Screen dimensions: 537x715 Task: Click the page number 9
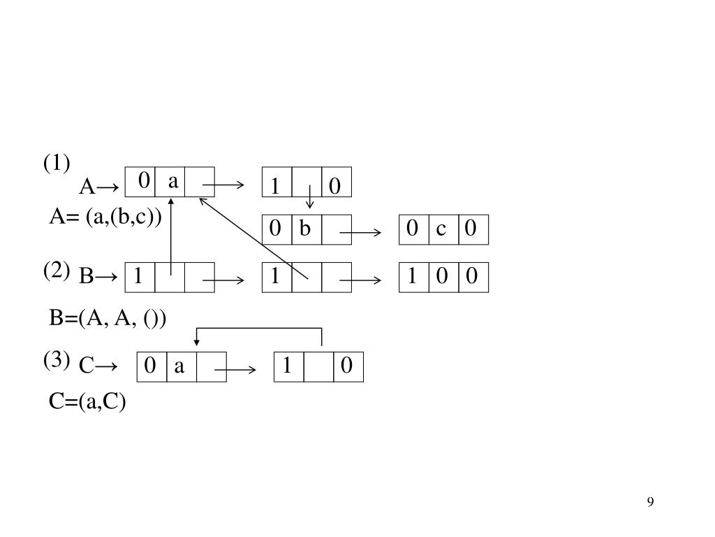(650, 502)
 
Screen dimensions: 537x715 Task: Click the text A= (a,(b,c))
(105, 217)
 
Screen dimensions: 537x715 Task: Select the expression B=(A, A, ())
(108, 319)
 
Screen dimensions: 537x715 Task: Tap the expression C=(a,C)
(87, 402)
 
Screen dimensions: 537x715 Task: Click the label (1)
(57, 164)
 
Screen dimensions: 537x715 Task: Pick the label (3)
(57, 360)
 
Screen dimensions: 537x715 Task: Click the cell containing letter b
(306, 229)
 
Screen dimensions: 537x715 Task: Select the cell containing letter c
(442, 229)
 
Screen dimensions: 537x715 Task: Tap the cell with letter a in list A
(171, 182)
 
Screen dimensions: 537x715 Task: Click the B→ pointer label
(98, 278)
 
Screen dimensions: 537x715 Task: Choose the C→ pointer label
(98, 366)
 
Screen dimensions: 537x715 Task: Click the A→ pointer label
(98, 187)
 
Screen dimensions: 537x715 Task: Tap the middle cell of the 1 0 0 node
(442, 278)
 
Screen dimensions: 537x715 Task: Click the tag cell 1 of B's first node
(139, 278)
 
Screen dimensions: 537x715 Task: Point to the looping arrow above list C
(259, 329)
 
